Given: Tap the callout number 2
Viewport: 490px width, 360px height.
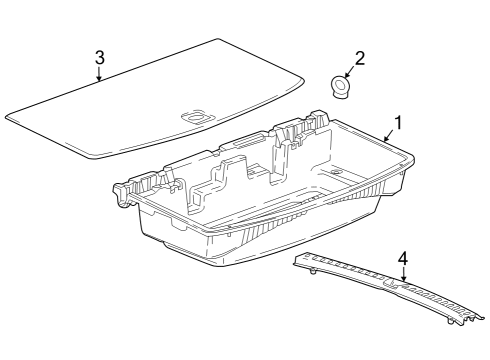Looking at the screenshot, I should pos(359,58).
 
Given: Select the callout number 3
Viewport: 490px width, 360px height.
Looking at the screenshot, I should pos(99,56).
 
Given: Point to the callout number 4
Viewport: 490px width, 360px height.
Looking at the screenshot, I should pos(403,259).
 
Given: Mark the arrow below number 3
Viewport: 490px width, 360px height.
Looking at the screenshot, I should pos(99,74).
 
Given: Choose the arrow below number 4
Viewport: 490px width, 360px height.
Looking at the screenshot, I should pos(403,277).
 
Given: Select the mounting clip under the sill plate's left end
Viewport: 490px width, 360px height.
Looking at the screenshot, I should pos(312,270).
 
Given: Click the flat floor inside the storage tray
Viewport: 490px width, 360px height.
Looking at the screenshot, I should pos(290,200).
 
